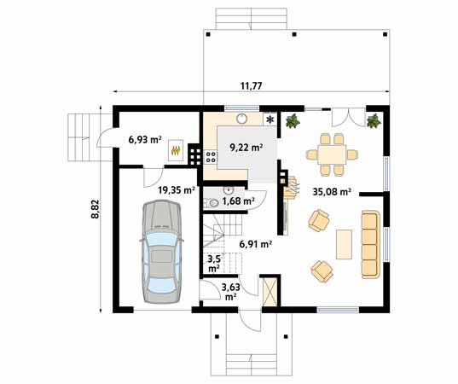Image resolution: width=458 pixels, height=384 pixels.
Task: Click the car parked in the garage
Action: (160, 251)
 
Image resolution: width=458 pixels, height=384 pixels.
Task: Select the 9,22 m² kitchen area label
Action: (245, 147)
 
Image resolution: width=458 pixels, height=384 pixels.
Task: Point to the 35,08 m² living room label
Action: (332, 192)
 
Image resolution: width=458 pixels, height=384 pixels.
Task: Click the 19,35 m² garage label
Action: (176, 190)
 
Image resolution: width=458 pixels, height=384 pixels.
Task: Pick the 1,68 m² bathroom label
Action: (238, 201)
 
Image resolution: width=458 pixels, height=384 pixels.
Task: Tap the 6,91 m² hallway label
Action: (255, 243)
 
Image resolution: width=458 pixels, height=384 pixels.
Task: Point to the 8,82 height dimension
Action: (96, 208)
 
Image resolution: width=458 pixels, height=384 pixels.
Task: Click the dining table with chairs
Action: (332, 153)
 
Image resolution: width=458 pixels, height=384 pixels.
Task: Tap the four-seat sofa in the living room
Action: (370, 243)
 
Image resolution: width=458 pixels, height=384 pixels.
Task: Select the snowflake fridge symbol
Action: (271, 120)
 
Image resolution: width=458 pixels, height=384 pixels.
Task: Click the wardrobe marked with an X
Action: (270, 292)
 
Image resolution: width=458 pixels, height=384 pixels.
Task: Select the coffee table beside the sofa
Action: (345, 243)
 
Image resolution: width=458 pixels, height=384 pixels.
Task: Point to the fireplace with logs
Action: (289, 184)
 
